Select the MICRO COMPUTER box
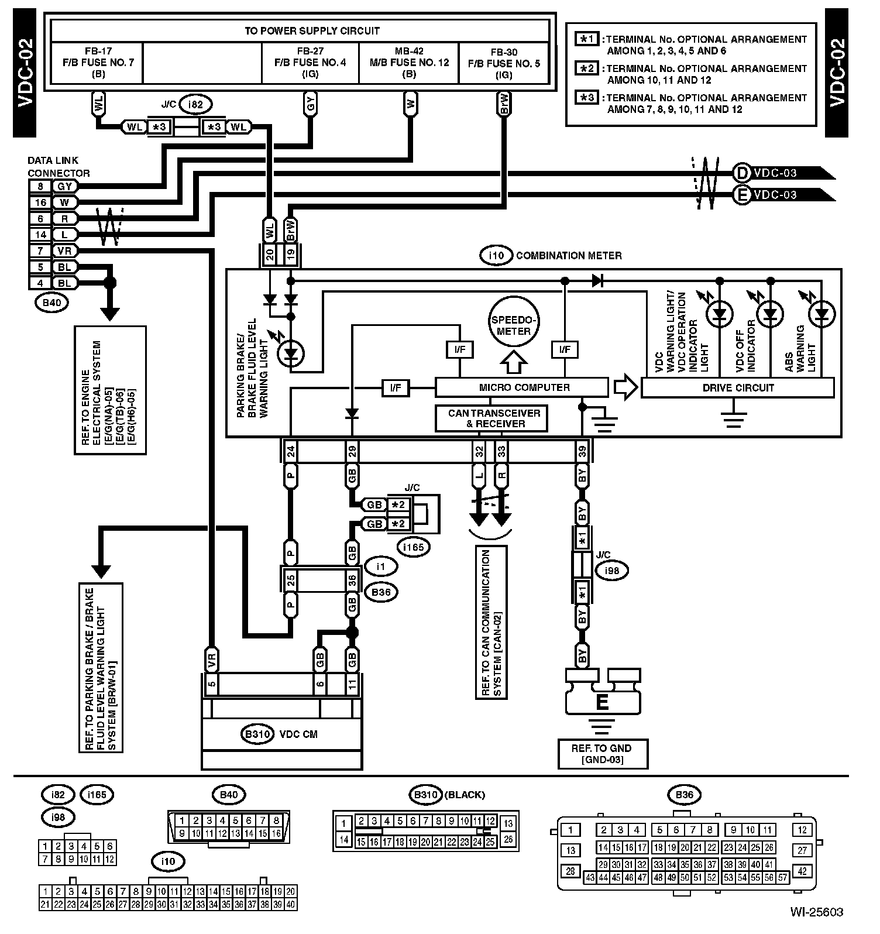click(521, 387)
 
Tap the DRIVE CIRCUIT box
click(737, 388)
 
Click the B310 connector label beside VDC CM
click(257, 734)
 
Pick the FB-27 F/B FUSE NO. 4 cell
click(310, 63)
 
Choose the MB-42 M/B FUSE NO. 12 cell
click(408, 63)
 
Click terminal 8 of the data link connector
click(40, 187)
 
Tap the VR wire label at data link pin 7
click(64, 251)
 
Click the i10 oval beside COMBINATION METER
click(495, 256)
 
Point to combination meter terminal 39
click(582, 452)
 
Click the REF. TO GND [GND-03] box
click(602, 754)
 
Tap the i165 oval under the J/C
click(413, 547)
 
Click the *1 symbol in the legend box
click(587, 39)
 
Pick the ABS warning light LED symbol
click(821, 315)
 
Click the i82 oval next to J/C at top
click(195, 105)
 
